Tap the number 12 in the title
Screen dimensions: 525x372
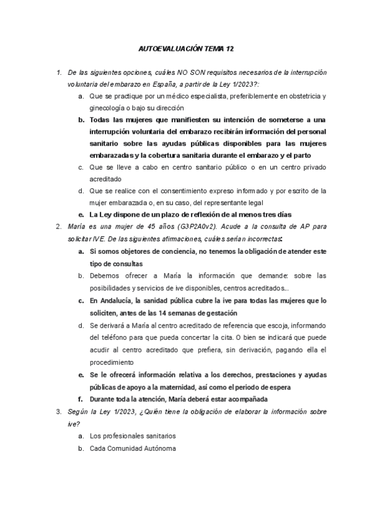[231, 48]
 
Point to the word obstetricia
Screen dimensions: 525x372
[299, 97]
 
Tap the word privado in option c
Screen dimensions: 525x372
[314, 167]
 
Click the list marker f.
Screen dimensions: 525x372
[81, 399]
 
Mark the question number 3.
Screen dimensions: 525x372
[58, 411]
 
